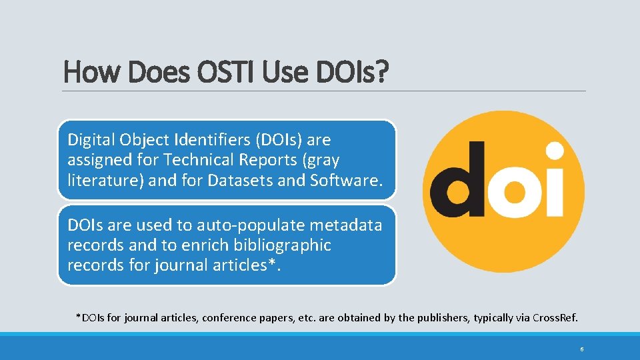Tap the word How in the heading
point(87,71)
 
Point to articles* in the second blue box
point(250,265)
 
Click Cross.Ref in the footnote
point(555,317)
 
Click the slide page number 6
point(582,349)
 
